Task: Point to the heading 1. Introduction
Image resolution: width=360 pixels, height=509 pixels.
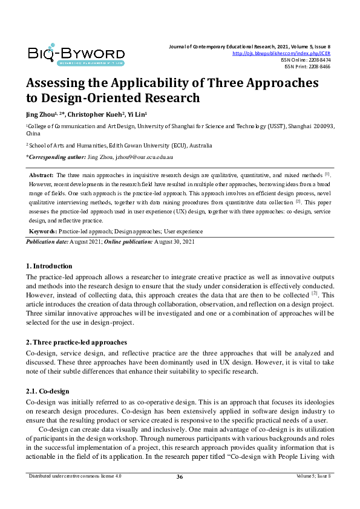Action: point(49,266)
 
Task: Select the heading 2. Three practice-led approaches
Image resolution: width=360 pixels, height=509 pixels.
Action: point(76,343)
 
